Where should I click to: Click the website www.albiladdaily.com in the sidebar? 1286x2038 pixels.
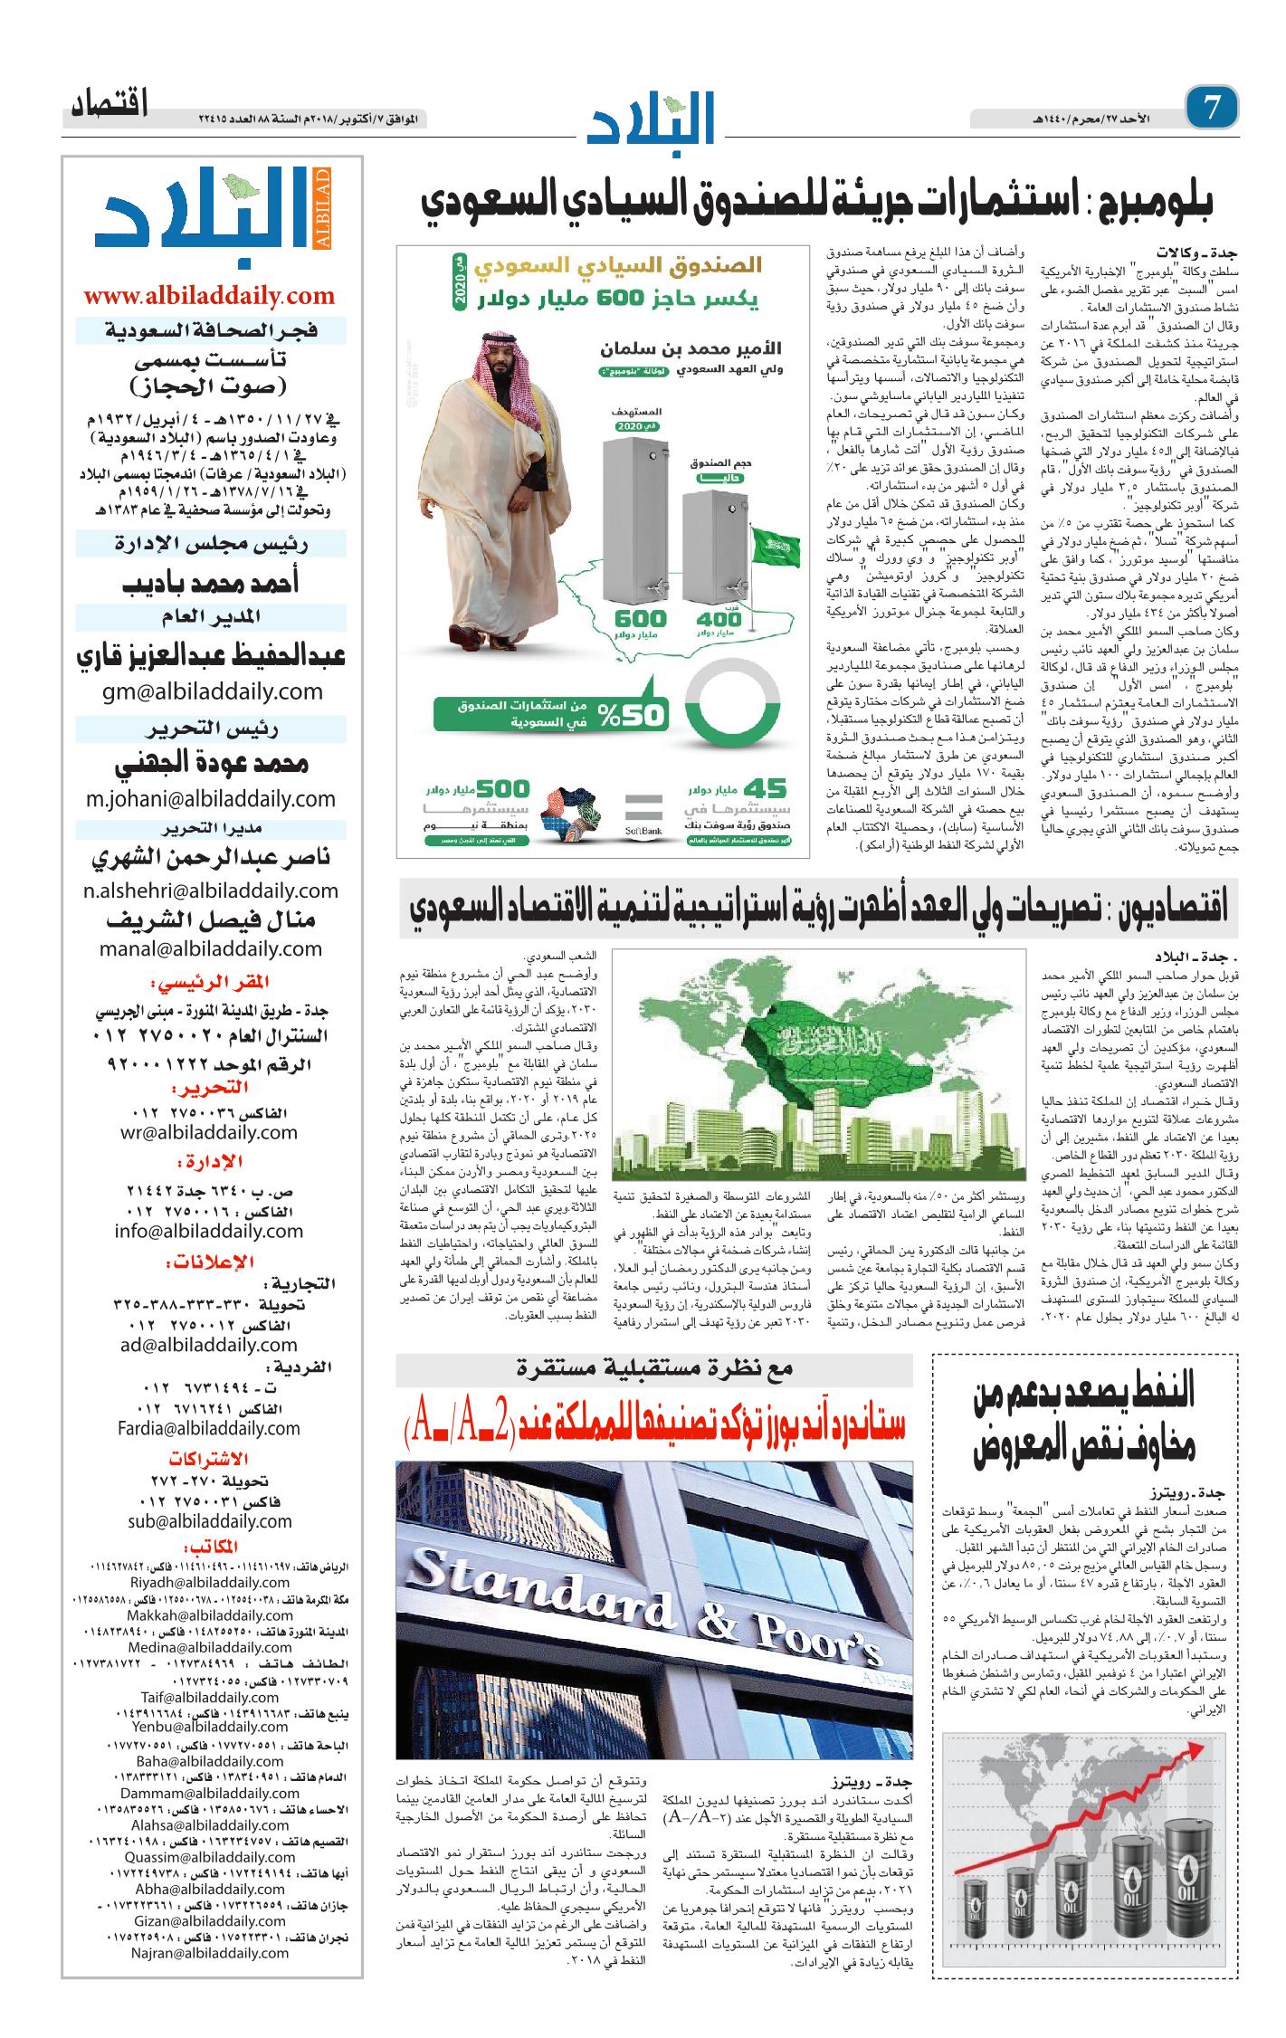(x=209, y=296)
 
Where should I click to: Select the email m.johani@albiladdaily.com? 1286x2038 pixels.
(x=211, y=798)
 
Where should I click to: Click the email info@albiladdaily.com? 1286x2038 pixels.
(x=209, y=1231)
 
